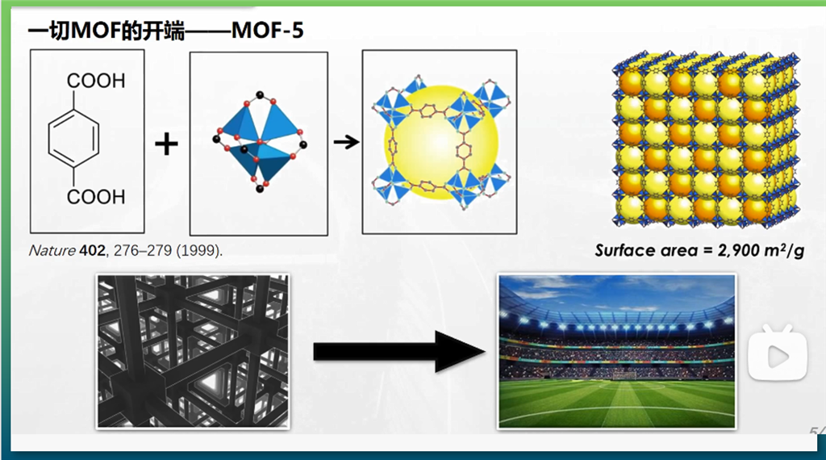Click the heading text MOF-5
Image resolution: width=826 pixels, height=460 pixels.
coord(267,31)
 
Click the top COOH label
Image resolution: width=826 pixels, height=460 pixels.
coord(96,82)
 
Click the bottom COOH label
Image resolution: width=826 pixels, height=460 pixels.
coord(96,197)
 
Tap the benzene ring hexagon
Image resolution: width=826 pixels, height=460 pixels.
coord(73,139)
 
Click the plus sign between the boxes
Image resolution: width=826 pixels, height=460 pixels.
coord(166,144)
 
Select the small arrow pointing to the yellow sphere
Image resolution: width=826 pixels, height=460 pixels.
coord(347,142)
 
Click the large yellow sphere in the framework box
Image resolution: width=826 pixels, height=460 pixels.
coord(441,142)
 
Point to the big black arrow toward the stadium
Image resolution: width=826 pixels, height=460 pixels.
coord(399,351)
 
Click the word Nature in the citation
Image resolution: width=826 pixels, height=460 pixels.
coord(52,250)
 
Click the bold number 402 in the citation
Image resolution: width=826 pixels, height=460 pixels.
coord(92,250)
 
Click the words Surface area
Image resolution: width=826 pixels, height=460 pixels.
coord(646,250)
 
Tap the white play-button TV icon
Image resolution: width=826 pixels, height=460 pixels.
coord(778,353)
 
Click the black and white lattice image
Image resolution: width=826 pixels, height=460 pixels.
coord(193,351)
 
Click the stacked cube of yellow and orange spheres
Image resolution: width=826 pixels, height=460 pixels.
coord(706,140)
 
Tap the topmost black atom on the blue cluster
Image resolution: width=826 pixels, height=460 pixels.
coord(259,95)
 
